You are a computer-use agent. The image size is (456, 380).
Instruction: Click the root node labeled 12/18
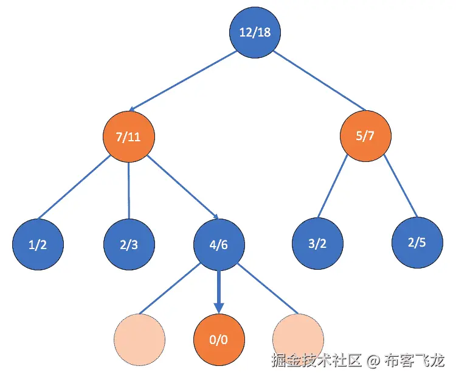coord(255,32)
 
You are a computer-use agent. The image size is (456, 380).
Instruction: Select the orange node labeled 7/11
coord(128,136)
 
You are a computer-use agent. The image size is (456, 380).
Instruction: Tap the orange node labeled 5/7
coord(365,136)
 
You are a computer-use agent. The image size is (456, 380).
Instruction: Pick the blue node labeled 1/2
coord(38,245)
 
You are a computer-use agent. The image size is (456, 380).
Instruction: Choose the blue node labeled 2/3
coord(128,245)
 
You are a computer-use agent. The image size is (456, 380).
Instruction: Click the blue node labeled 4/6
coord(219,245)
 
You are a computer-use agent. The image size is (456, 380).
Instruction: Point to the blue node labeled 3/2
coord(317,245)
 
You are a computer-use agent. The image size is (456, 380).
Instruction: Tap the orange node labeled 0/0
coord(219,339)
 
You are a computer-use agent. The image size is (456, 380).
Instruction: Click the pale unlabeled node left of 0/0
coord(140,339)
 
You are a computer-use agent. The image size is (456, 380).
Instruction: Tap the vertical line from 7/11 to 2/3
coord(128,190)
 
